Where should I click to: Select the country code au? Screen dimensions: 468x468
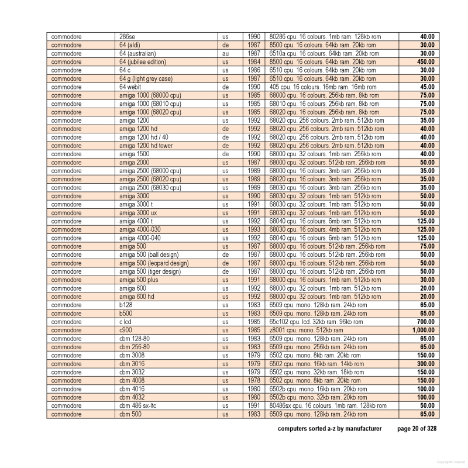tap(225, 53)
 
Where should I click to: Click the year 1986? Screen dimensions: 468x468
tap(253, 70)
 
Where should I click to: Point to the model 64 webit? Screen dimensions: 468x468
tap(132, 87)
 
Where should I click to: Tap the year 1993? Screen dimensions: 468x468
tap(253, 230)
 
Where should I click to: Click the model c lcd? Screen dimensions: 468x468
tap(126, 322)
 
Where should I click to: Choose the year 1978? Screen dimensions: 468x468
tap(253, 381)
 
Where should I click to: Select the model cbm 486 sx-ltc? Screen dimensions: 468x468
tap(142, 406)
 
